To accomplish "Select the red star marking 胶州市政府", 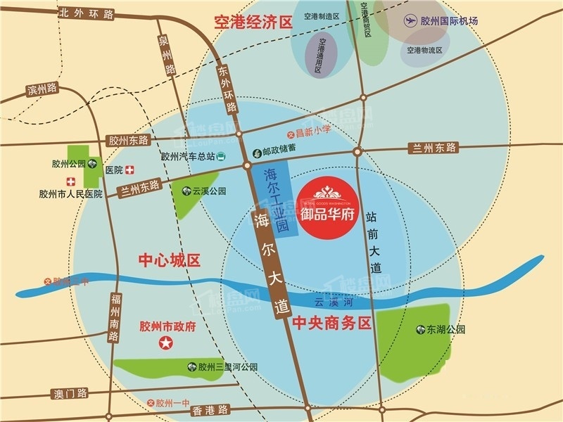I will click(x=166, y=343).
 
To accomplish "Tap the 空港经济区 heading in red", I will click(x=253, y=23).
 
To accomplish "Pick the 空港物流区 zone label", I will click(x=425, y=51).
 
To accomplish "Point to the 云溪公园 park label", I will click(x=209, y=191).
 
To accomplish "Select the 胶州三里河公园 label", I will click(x=227, y=367).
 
